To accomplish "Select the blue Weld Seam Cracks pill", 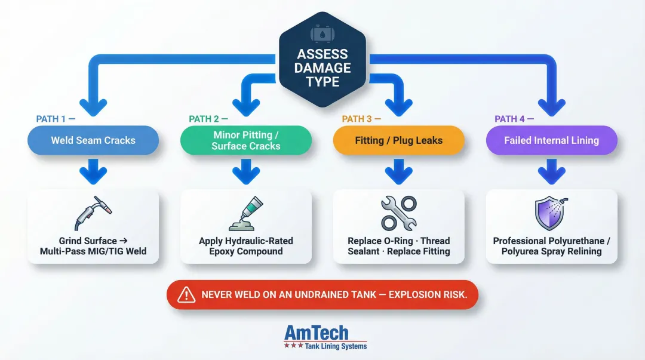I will (x=93, y=141).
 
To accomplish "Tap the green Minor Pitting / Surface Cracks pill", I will (x=245, y=141).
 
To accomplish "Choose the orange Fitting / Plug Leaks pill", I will (x=398, y=141).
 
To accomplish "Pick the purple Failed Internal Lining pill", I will (x=551, y=141).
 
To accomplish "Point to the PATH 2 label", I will (x=204, y=119).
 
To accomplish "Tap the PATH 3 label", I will (x=357, y=119).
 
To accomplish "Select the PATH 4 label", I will (x=510, y=119).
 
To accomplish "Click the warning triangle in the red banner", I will (x=187, y=295).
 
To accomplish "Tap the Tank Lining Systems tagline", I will (x=335, y=346).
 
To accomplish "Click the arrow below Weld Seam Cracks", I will (x=93, y=173).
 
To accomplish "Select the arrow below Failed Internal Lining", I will (x=551, y=173).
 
